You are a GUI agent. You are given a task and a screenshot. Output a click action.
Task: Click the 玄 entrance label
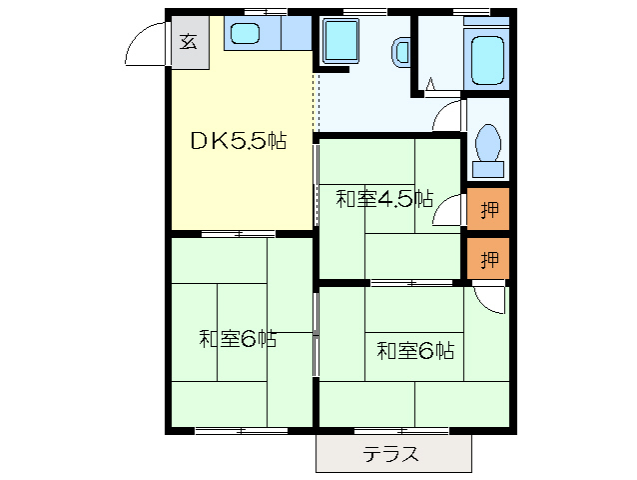188,41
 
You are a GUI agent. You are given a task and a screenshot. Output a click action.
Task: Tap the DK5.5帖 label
239,141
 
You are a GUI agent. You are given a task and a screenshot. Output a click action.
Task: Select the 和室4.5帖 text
383,199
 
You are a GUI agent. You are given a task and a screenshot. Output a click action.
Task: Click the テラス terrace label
390,455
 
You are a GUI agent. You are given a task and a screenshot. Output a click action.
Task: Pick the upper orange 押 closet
488,209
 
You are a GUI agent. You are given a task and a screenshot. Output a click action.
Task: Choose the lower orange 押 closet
488,260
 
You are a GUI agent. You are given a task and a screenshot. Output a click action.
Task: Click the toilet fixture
489,146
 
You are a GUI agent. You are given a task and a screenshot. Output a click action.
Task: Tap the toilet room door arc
449,114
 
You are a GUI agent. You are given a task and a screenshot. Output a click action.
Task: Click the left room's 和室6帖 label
238,339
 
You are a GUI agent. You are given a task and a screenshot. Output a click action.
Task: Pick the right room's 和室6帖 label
414,351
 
